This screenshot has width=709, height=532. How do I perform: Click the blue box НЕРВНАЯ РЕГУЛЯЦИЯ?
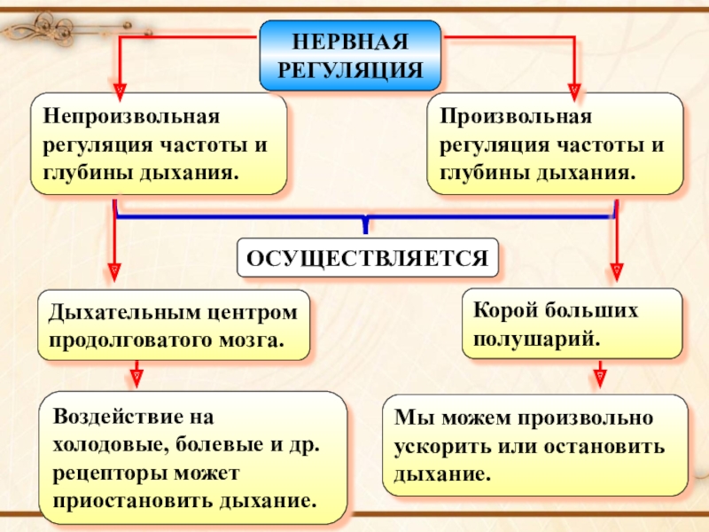pos(350,56)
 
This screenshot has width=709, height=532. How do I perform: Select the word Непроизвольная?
pos(125,116)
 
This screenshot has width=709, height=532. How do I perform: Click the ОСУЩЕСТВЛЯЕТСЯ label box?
pos(367,258)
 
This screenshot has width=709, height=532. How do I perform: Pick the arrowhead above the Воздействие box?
pos(136,376)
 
